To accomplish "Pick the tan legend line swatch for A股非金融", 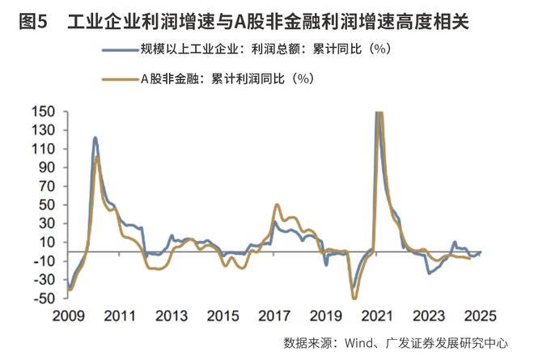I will point(120,79).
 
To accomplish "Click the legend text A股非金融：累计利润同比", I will point(227,79).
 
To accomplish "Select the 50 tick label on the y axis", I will point(47,205).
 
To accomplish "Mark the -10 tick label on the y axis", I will point(44,261).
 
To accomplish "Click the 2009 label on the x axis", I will point(66,316).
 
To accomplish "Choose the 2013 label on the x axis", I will point(172,316).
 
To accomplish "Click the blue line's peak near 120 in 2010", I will point(95,138).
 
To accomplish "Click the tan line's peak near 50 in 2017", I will point(278,205).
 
